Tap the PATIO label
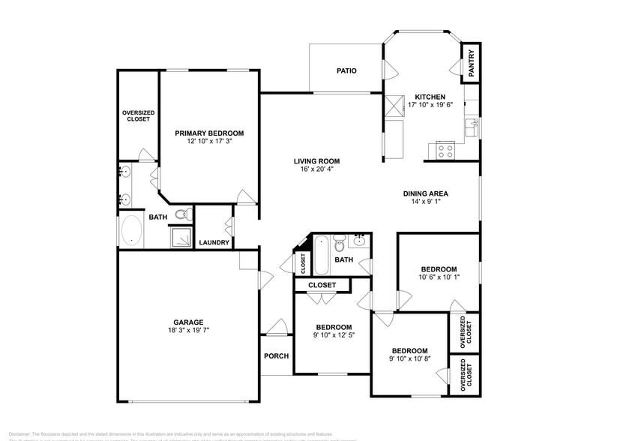[346, 71]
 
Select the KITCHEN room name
[430, 97]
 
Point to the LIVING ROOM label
[316, 160]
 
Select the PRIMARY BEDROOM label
[209, 133]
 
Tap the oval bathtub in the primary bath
[132, 231]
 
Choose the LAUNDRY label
[214, 242]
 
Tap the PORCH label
[276, 355]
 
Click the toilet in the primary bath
[181, 214]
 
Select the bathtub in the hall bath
[320, 255]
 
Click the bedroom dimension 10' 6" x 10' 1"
[439, 277]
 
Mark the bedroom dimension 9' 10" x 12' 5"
[334, 335]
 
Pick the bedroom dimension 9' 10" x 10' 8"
[409, 359]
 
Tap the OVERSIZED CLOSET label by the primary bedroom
[138, 115]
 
